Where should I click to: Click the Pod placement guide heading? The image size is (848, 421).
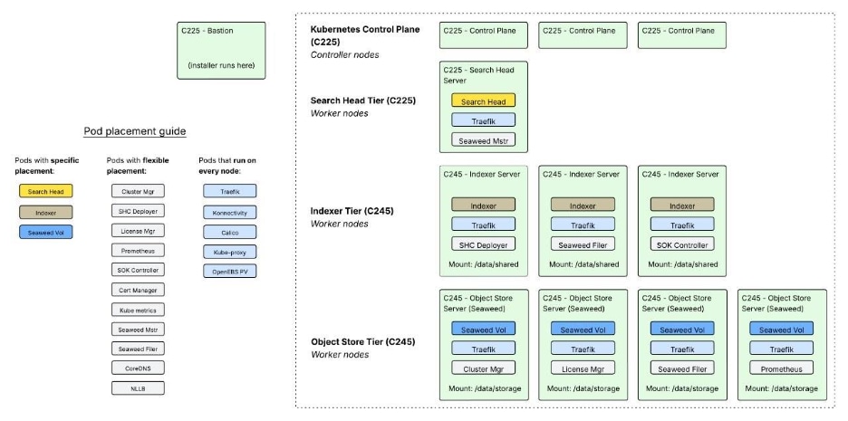(x=134, y=131)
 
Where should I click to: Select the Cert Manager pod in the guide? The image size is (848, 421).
(x=138, y=290)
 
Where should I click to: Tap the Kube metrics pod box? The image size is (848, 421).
(x=138, y=310)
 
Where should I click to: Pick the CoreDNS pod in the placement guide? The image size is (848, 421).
(x=138, y=368)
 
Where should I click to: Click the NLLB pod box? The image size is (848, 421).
(x=138, y=388)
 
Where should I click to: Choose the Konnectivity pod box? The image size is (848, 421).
(x=229, y=211)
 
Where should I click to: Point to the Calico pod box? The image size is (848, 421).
(x=229, y=231)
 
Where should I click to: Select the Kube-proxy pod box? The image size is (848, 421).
(x=229, y=251)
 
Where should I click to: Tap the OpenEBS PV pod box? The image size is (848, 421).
(x=229, y=271)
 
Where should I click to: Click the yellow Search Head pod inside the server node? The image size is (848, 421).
(x=483, y=101)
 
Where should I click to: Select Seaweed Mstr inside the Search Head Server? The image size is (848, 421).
(x=483, y=139)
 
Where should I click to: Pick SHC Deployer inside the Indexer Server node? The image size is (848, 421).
(x=483, y=244)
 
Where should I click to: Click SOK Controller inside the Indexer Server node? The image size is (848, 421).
(x=682, y=244)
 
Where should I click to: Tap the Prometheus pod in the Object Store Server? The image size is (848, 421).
(x=781, y=368)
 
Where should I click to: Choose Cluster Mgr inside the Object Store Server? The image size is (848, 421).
(x=483, y=368)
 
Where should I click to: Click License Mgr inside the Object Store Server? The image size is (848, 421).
(x=583, y=368)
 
